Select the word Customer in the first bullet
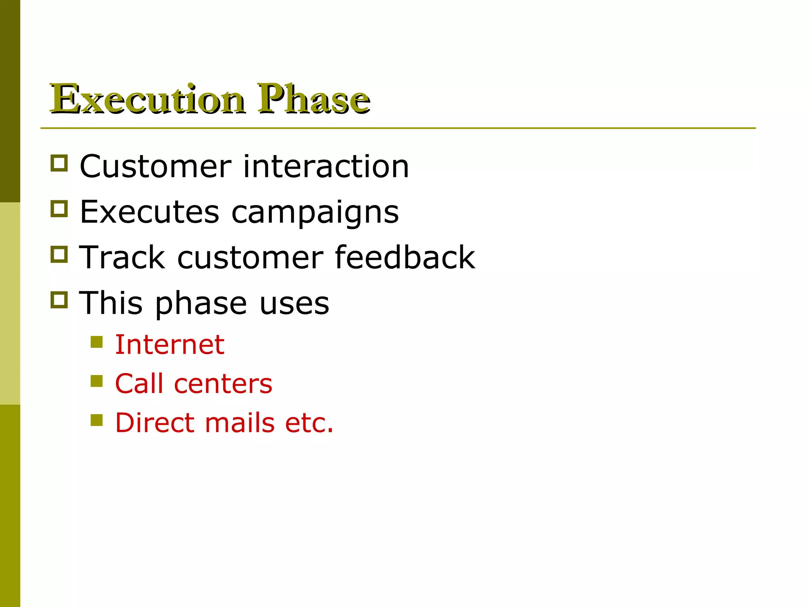click(155, 166)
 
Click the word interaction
click(326, 166)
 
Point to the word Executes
click(150, 212)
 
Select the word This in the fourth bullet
click(111, 303)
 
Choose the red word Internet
click(170, 345)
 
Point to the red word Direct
click(155, 423)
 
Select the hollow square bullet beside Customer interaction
click(59, 163)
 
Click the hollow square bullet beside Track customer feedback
click(59, 254)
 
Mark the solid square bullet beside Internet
click(97, 342)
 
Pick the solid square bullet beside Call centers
click(97, 381)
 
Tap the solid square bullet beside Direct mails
click(97, 420)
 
